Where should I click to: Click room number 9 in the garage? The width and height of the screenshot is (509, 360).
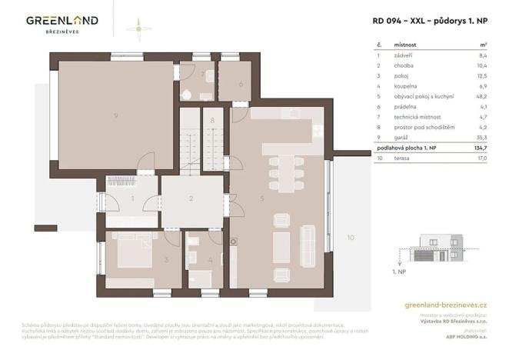115,115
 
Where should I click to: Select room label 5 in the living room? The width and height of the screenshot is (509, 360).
262,198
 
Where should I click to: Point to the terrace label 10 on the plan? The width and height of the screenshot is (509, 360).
350,237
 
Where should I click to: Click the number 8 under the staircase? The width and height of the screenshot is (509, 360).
212,121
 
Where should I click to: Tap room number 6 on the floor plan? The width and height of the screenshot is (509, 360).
241,84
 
